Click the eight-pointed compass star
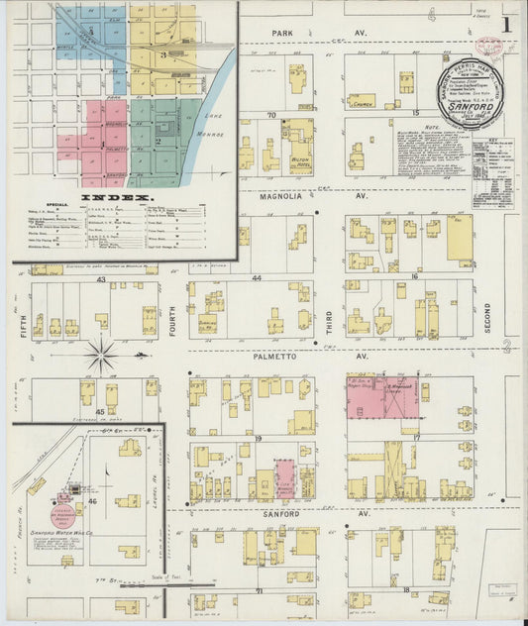point(102,355)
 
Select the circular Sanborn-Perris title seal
point(471,87)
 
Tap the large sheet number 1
point(506,23)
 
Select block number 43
point(100,279)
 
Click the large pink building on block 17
point(382,396)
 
